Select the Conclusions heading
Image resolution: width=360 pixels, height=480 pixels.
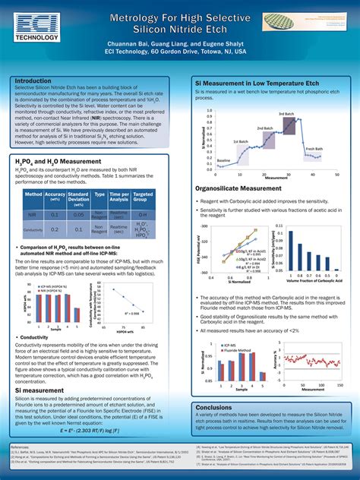[x=214, y=407]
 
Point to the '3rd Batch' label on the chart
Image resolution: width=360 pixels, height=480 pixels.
[x=286, y=114]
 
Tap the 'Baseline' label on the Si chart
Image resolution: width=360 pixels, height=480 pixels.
[x=224, y=161]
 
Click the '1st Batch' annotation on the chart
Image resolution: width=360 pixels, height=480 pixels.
[x=240, y=141]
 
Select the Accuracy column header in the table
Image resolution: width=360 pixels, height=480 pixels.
[x=55, y=197]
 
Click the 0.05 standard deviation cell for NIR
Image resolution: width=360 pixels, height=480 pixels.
[x=78, y=215]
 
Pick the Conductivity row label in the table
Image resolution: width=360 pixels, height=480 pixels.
[x=33, y=229]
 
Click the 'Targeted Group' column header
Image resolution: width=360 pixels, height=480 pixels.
[x=142, y=197]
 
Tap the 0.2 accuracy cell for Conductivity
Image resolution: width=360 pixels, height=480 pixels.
[x=55, y=229]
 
